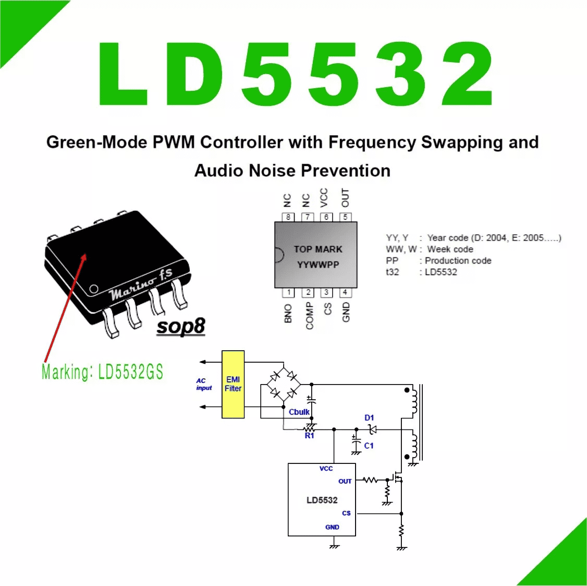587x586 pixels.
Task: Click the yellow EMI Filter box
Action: pyautogui.click(x=233, y=384)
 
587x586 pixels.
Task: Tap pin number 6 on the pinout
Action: pyautogui.click(x=326, y=217)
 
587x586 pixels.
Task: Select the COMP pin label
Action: pyautogui.click(x=310, y=316)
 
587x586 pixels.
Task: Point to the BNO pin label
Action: pyautogui.click(x=288, y=313)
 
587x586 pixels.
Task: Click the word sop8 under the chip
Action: pyautogui.click(x=180, y=326)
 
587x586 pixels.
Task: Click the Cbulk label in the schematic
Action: pyautogui.click(x=299, y=412)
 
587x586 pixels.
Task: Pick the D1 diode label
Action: pyautogui.click(x=369, y=417)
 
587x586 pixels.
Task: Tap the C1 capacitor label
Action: pyautogui.click(x=369, y=446)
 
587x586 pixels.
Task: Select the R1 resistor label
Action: pyautogui.click(x=309, y=436)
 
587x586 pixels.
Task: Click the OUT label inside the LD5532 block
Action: pyautogui.click(x=345, y=481)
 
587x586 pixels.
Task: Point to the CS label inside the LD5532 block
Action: pyautogui.click(x=346, y=513)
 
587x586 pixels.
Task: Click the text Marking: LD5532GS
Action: pyautogui.click(x=102, y=372)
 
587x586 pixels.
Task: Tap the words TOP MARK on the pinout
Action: pyautogui.click(x=318, y=249)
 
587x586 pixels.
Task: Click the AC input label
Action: pyautogui.click(x=204, y=384)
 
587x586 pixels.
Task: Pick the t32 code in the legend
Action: pyautogui.click(x=393, y=272)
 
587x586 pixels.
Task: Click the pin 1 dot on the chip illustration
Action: pyautogui.click(x=94, y=289)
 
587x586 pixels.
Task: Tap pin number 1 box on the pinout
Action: pyautogui.click(x=288, y=292)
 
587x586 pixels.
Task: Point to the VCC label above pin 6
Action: pyautogui.click(x=324, y=197)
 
